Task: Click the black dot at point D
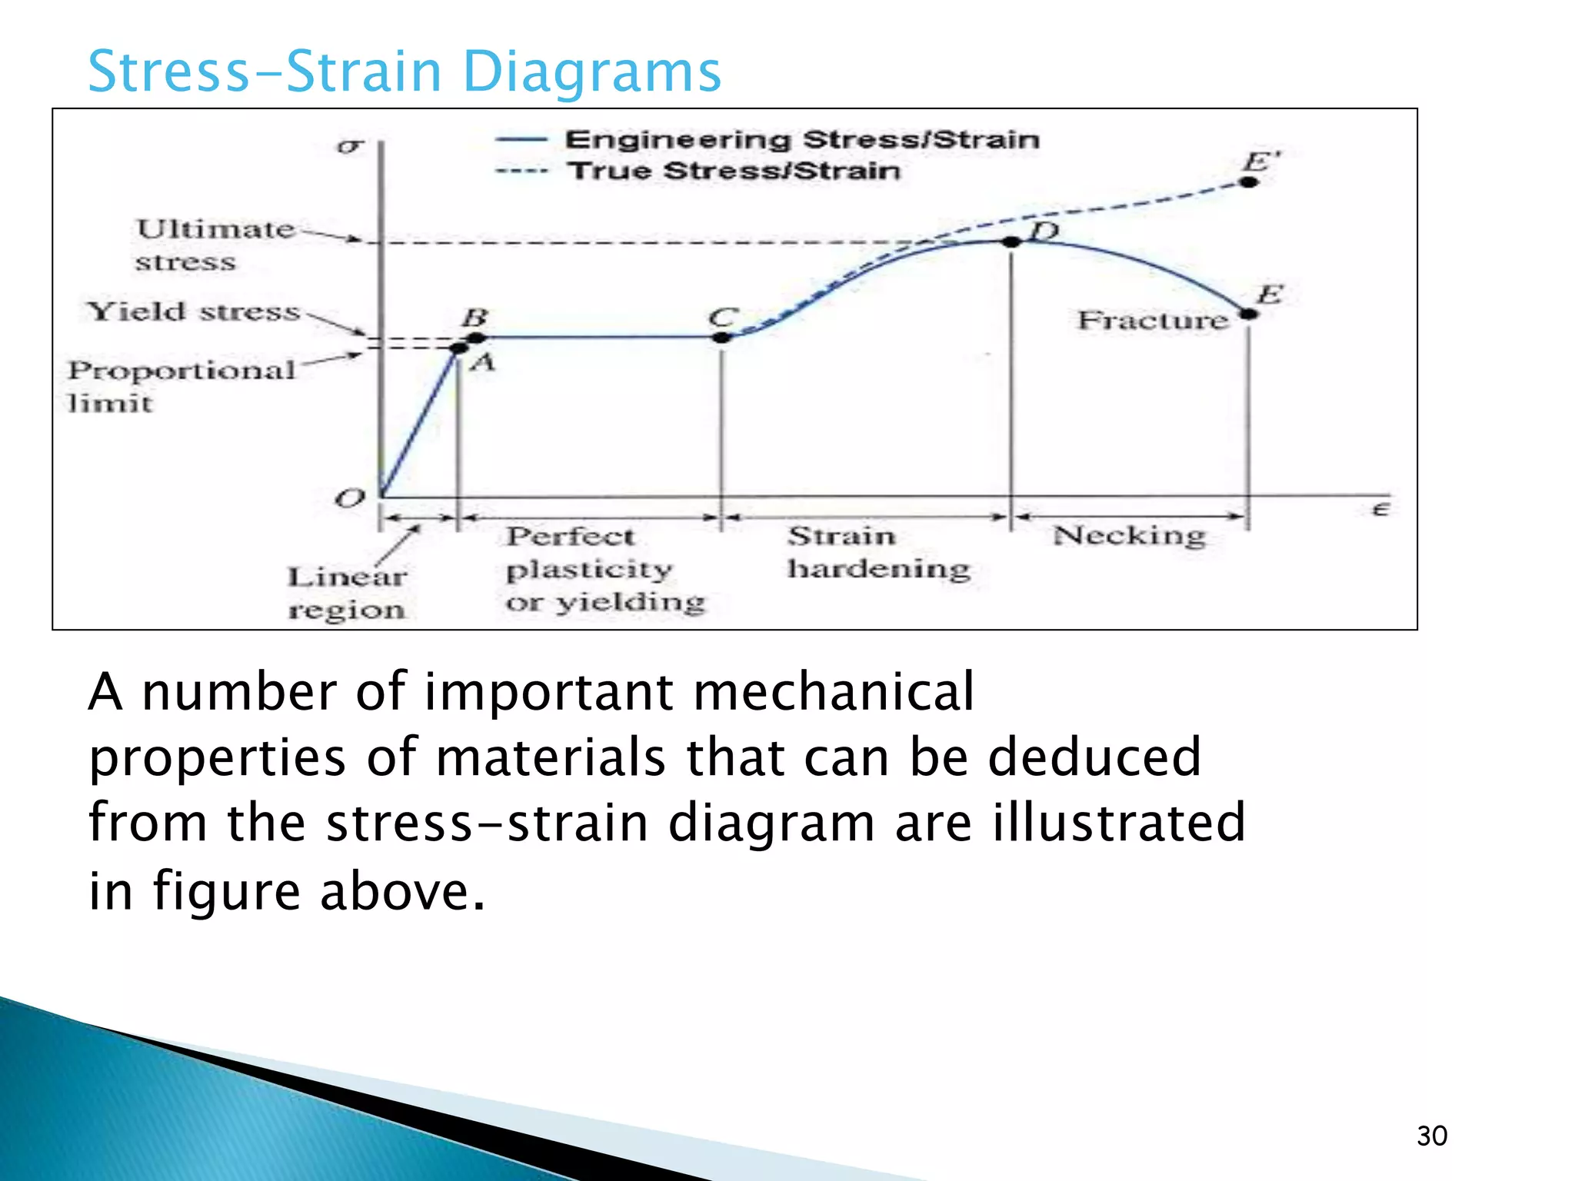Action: coord(1012,241)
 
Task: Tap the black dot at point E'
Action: coord(1249,182)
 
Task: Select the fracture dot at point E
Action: coord(1249,314)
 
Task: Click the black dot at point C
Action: coord(721,337)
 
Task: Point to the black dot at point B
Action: coord(476,338)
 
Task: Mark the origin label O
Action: coord(350,498)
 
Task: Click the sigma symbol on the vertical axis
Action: coord(350,145)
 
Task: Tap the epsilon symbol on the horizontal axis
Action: coord(1380,509)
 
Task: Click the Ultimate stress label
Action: coord(214,245)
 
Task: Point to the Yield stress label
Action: coord(193,311)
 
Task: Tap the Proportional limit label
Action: coord(181,386)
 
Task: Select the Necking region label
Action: coord(1128,535)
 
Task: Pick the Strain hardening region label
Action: coord(877,552)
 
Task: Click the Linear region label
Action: coord(346,593)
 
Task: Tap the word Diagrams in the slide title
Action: coord(591,72)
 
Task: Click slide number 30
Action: coord(1431,1136)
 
